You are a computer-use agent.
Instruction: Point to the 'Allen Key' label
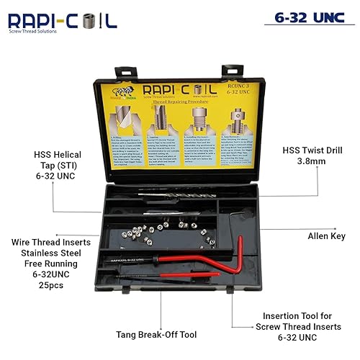[326, 235]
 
